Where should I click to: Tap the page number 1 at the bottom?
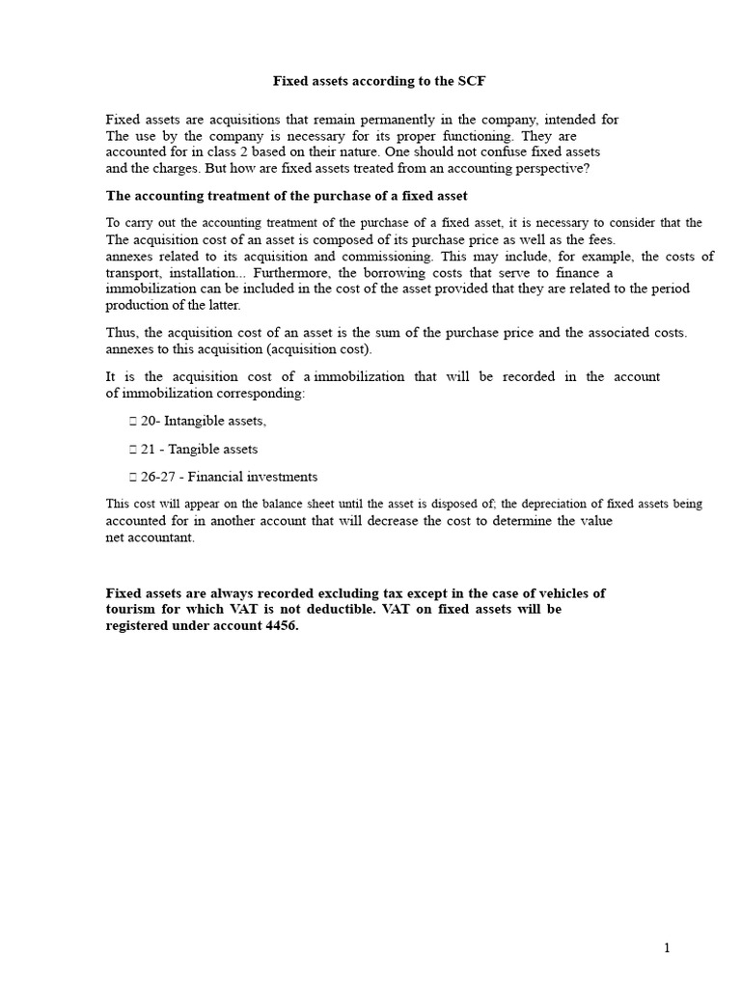click(667, 948)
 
